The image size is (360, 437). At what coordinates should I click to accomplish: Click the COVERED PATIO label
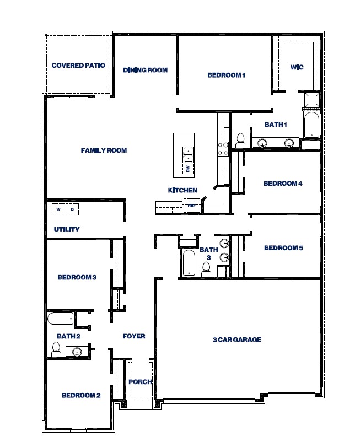(78, 66)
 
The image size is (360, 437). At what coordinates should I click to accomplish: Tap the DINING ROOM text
(145, 70)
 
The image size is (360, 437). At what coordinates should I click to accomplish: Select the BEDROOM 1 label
(225, 75)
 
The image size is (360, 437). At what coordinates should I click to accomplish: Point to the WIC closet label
(297, 67)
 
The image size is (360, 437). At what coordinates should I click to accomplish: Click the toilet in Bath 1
(240, 141)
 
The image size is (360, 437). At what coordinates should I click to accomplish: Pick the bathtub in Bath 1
(311, 126)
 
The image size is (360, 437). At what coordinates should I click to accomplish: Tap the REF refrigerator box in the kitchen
(191, 206)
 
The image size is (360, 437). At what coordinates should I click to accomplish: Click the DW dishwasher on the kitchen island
(187, 169)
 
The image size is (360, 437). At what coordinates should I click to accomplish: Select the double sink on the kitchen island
(188, 154)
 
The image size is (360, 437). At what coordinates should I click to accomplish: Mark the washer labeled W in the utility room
(58, 209)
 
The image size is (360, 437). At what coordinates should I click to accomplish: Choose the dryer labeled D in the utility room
(72, 209)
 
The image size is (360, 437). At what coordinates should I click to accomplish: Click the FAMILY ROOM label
(104, 150)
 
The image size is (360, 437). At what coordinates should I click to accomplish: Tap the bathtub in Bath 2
(60, 319)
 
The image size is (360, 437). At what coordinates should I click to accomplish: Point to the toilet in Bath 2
(56, 349)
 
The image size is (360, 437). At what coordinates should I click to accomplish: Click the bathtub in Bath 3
(188, 263)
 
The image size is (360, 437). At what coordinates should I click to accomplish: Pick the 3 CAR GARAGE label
(237, 339)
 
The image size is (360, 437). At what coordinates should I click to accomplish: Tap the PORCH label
(139, 382)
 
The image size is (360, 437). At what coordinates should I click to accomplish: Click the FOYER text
(133, 336)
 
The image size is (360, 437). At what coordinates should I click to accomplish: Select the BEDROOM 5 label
(283, 248)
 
